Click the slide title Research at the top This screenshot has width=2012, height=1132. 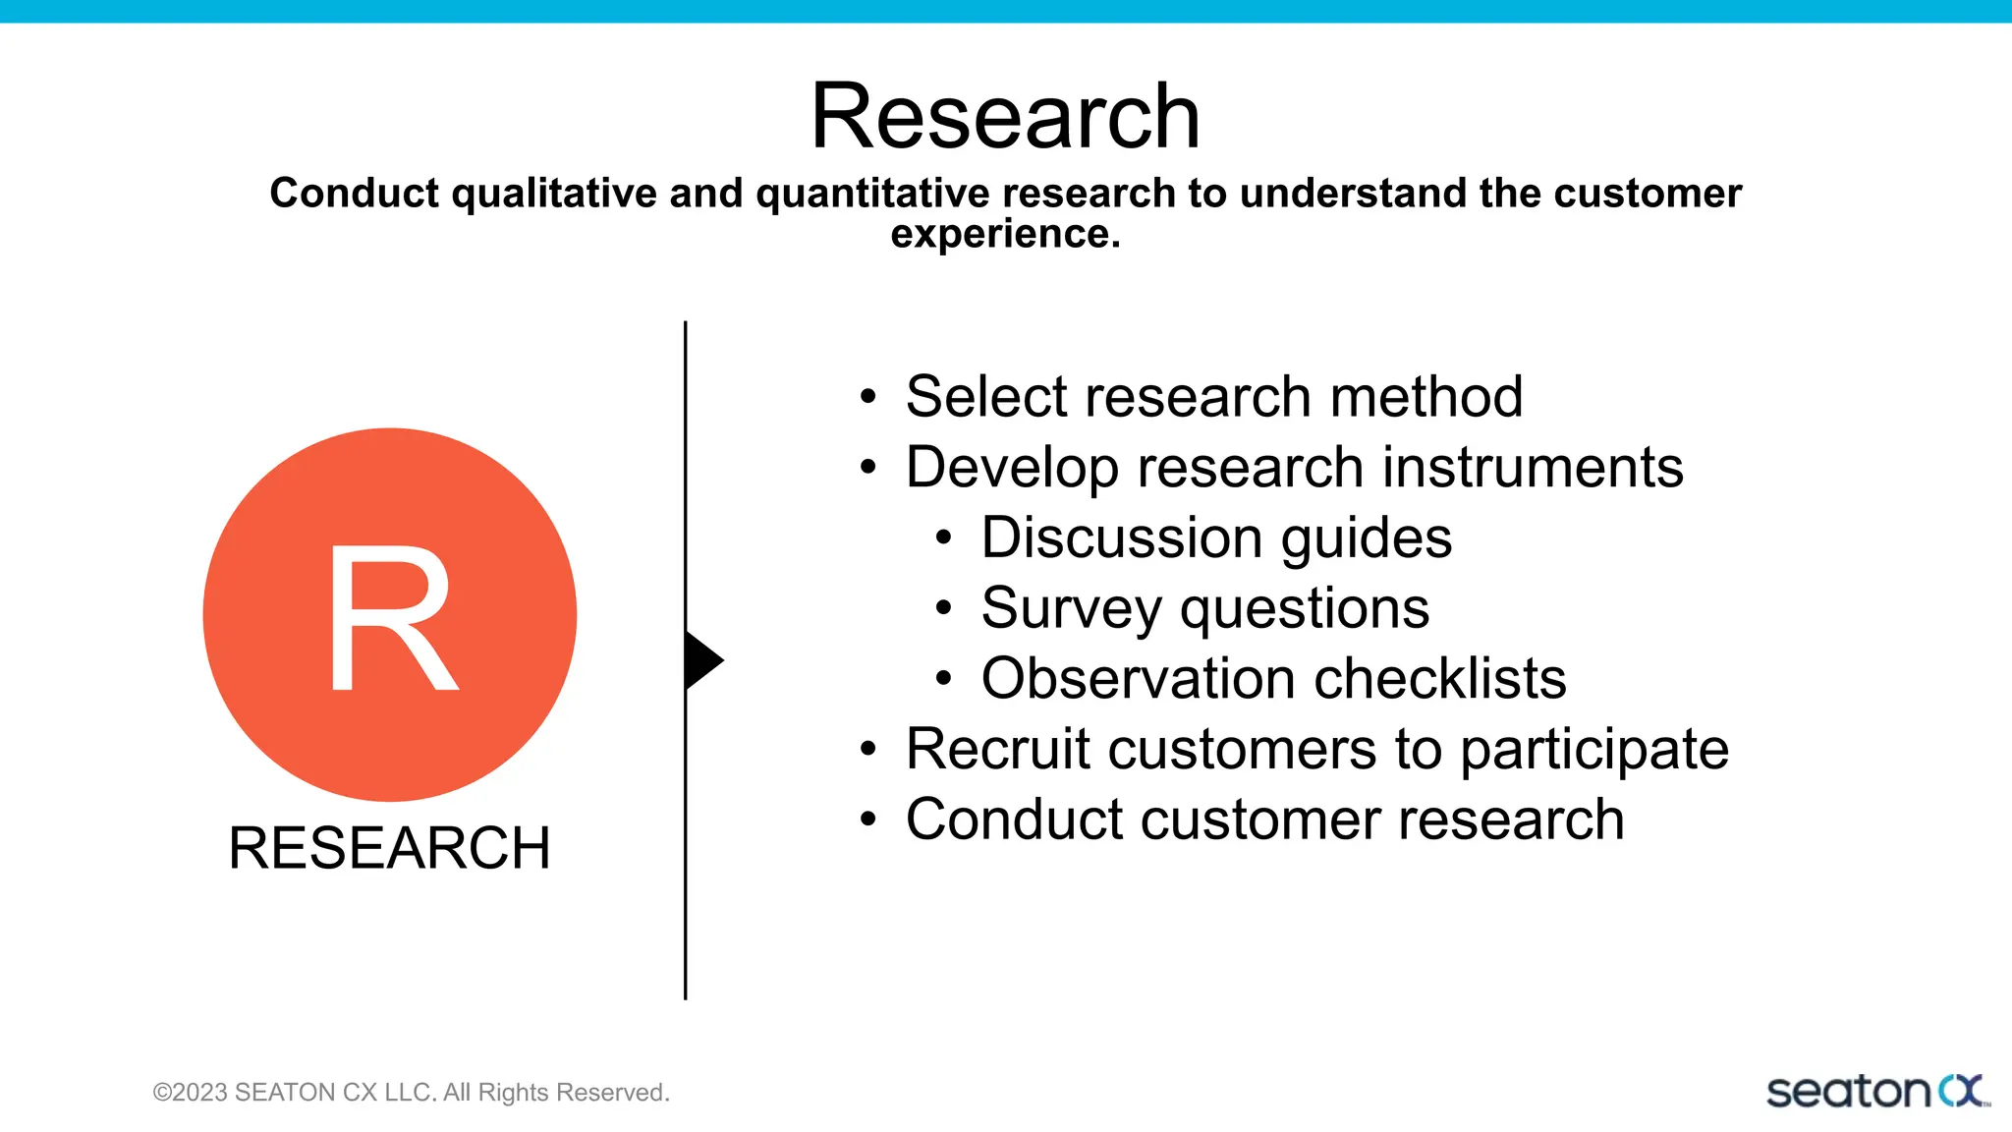point(1005,117)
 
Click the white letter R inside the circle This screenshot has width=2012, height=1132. point(391,619)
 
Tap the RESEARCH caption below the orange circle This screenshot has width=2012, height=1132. point(389,848)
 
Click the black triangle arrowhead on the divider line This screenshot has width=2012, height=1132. point(702,660)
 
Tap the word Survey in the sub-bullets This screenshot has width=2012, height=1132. point(1071,609)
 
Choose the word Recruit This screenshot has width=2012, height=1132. point(997,750)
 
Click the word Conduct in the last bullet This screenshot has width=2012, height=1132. point(1014,821)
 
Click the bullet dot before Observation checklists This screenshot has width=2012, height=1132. point(943,678)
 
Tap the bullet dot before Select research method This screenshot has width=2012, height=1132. point(867,397)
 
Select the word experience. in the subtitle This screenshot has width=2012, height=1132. point(1005,235)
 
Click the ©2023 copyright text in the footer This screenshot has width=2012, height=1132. point(411,1093)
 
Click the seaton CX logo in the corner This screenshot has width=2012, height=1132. point(1876,1092)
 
